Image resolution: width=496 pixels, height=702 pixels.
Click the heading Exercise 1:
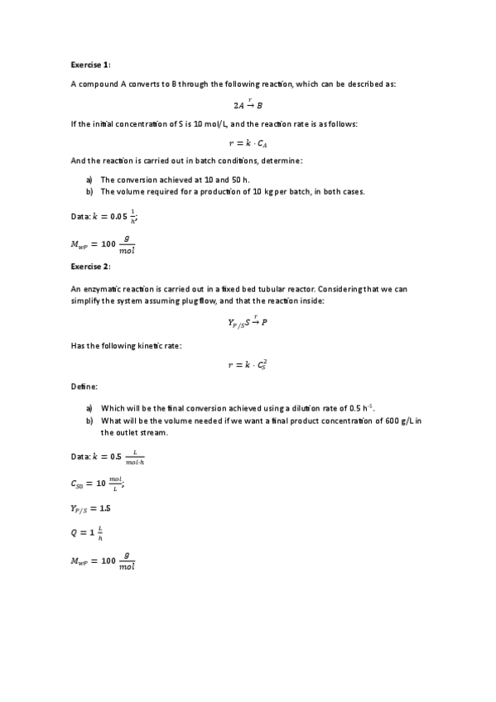tap(90, 64)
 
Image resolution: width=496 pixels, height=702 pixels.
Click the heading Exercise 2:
tap(90, 267)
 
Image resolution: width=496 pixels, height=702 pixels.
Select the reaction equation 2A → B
tap(248, 104)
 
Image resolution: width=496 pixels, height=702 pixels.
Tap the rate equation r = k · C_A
tap(248, 142)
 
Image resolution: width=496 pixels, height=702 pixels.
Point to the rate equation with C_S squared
tap(248, 364)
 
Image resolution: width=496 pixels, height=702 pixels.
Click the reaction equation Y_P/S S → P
tap(248, 322)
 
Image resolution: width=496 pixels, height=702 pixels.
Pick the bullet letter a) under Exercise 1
tap(89, 179)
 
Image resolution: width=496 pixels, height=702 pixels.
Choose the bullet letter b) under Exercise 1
tap(89, 191)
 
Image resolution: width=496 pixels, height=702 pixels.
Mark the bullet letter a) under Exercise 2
tap(89, 408)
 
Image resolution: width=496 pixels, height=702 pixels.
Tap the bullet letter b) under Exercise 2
tap(89, 421)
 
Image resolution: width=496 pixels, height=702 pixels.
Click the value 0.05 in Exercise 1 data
tap(120, 217)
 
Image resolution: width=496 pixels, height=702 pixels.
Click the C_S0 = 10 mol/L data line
tap(97, 483)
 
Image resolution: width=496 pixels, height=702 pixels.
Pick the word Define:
tap(84, 387)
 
